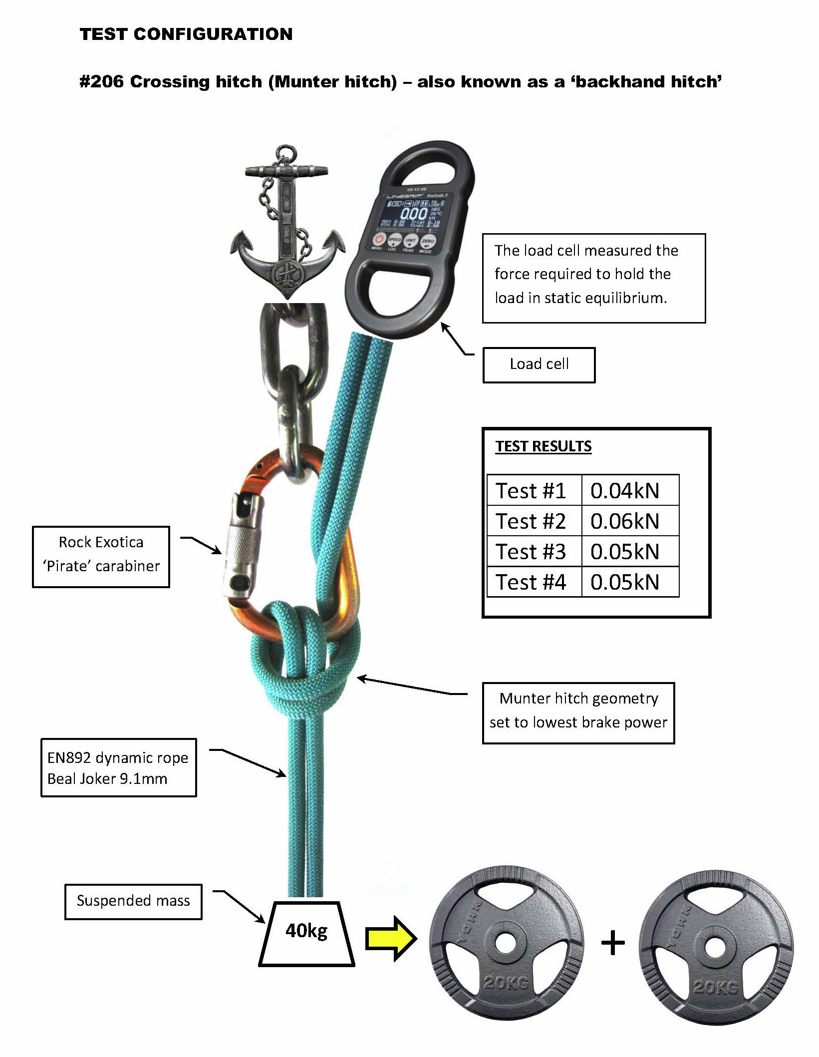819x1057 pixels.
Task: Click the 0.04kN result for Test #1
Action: (625, 491)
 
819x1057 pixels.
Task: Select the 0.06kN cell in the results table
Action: (625, 521)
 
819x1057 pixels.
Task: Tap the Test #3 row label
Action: (531, 552)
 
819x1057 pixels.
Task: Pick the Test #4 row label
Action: (531, 582)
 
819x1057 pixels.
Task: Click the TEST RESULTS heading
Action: (543, 446)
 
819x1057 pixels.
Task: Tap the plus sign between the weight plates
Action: (613, 944)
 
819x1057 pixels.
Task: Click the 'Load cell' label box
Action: (539, 364)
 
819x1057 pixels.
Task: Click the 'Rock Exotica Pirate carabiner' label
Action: (101, 554)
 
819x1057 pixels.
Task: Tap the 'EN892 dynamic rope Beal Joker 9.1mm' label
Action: (118, 768)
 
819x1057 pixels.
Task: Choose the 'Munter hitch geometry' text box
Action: (578, 710)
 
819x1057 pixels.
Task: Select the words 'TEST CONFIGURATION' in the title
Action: (186, 34)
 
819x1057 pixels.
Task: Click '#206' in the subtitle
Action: (101, 82)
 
